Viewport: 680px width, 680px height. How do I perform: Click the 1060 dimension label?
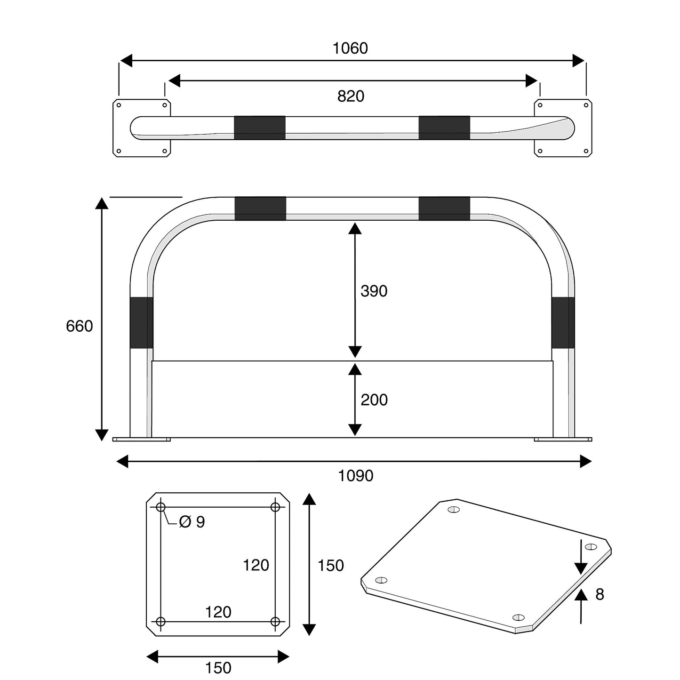pyautogui.click(x=350, y=48)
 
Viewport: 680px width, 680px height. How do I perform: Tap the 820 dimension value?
pyautogui.click(x=351, y=96)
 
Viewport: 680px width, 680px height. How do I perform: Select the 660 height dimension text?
pyautogui.click(x=80, y=326)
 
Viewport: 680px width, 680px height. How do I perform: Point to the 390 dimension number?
pyautogui.click(x=374, y=291)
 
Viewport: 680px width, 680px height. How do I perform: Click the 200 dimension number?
pyautogui.click(x=374, y=400)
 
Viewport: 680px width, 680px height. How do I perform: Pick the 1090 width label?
pyautogui.click(x=356, y=476)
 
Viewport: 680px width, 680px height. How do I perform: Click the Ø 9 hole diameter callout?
pyautogui.click(x=192, y=521)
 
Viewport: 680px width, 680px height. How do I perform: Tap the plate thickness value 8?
pyautogui.click(x=600, y=594)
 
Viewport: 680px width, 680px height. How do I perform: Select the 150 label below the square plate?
pyautogui.click(x=218, y=668)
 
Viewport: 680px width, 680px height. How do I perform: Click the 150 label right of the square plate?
pyautogui.click(x=331, y=565)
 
